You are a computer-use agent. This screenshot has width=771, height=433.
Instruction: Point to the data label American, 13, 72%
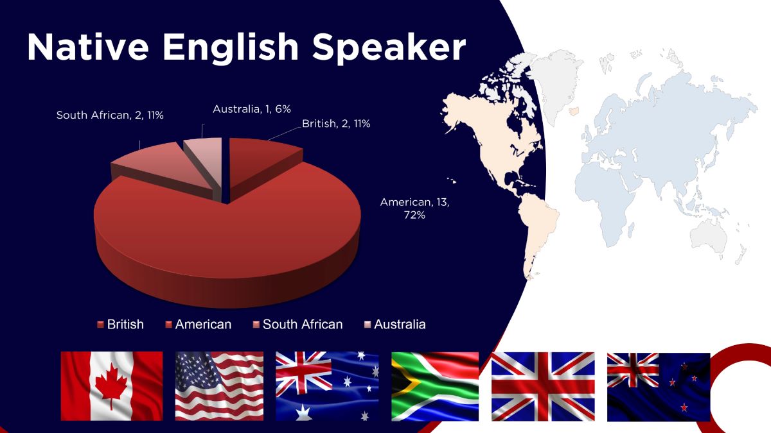coord(415,208)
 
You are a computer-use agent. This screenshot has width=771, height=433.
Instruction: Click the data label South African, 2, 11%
coord(110,115)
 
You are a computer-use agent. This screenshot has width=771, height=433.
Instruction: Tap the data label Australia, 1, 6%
coord(252,109)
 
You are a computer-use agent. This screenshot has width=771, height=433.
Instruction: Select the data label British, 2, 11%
coord(336,123)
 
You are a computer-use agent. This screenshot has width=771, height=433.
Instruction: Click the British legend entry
coord(121,325)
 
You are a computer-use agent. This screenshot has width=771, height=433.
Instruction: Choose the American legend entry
coord(199,325)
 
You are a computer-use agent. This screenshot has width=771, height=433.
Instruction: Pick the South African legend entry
coord(297,325)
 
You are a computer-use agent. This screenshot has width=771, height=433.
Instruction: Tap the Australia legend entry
coord(394,325)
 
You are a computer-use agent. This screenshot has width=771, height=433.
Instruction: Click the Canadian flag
coord(112,386)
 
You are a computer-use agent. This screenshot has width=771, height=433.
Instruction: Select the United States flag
coord(219,386)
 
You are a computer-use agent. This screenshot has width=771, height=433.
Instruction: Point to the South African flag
coord(435,386)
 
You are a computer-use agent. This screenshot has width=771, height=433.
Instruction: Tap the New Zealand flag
coord(659,387)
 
